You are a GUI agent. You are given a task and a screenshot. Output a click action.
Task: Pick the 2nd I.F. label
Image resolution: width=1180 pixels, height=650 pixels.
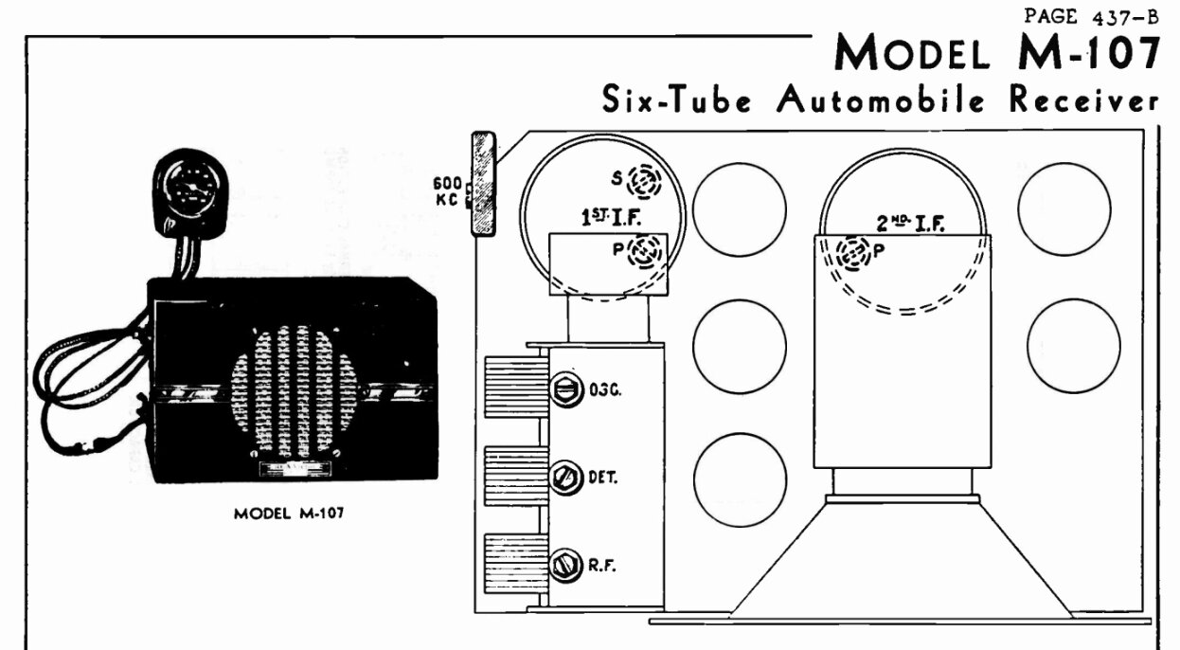click(x=914, y=223)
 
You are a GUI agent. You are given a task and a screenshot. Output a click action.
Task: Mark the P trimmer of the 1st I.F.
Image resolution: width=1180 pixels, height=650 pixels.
click(x=648, y=252)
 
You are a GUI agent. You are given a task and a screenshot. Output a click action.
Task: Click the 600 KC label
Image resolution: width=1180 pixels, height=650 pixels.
click(x=447, y=191)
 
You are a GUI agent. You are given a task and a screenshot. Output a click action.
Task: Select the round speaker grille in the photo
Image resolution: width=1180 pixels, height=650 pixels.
click(x=295, y=390)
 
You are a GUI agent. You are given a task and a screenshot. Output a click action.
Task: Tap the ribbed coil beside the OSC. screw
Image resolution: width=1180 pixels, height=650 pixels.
click(x=515, y=388)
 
